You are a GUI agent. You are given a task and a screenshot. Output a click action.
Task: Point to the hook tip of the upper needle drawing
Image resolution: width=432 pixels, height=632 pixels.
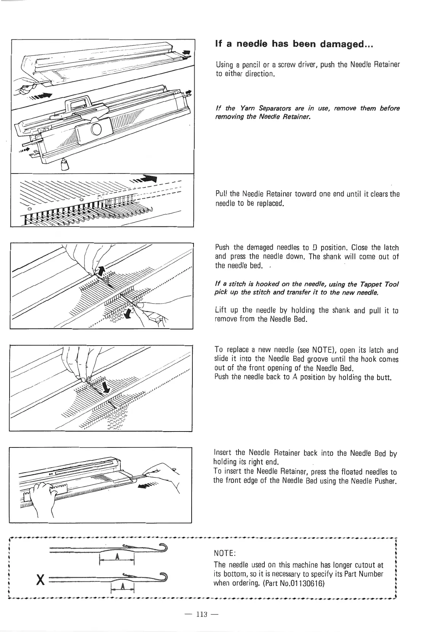(x=166, y=547)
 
